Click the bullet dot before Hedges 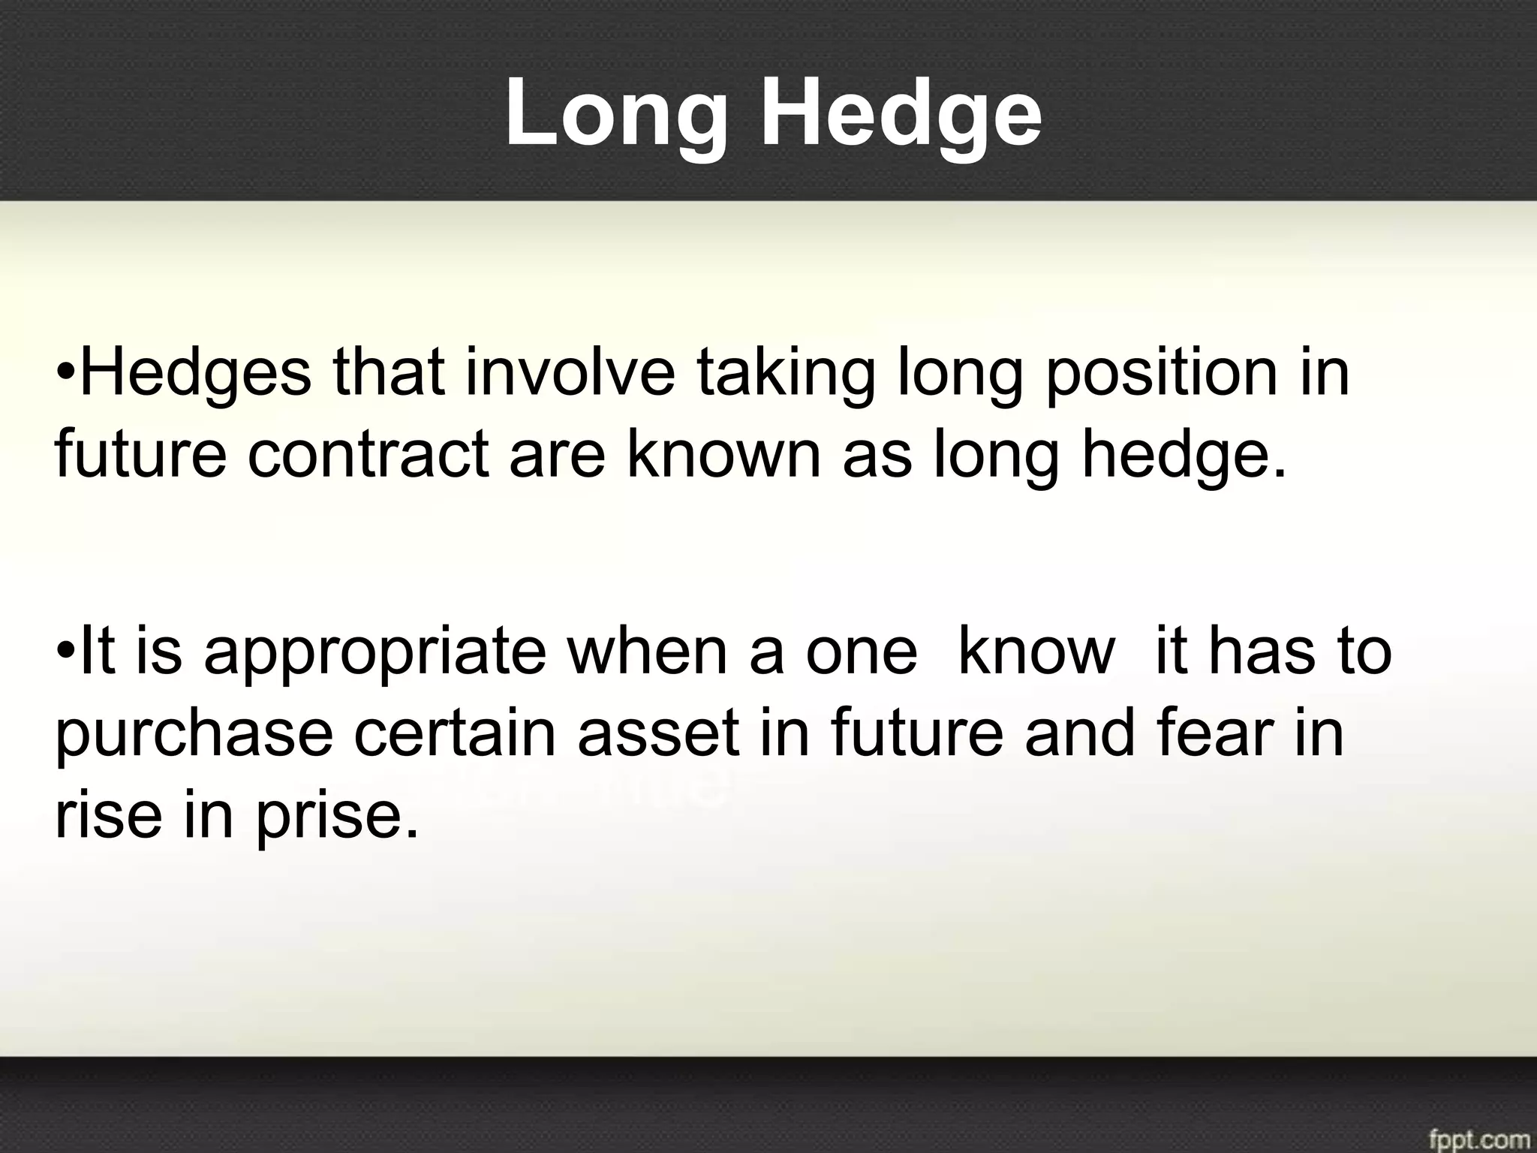pos(66,373)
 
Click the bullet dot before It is pos(66,651)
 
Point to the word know pos(1036,651)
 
